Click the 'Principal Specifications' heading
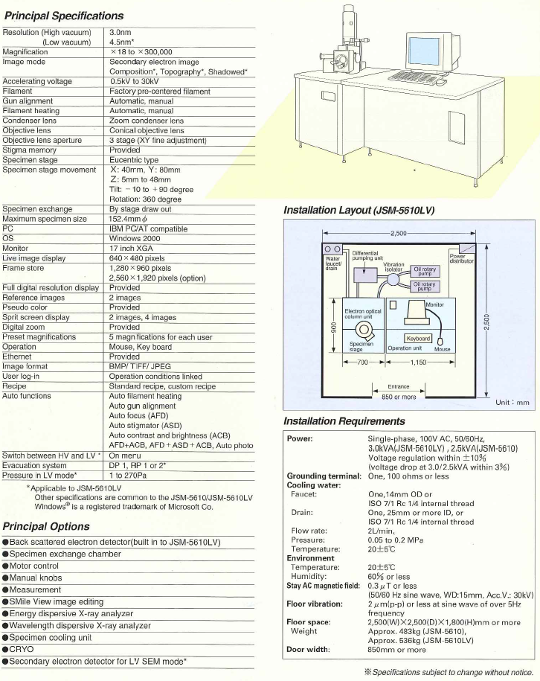coord(64,16)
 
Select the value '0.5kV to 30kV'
coord(134,81)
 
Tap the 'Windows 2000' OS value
coord(135,238)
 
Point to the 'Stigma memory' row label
coord(30,150)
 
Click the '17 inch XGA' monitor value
coord(131,249)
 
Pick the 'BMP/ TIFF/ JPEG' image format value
coord(140,367)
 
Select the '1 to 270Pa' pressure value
coord(128,476)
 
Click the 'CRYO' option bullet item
coord(18,649)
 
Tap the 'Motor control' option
coord(30,566)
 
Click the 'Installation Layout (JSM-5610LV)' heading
coord(359,210)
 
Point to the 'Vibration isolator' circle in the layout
coord(393,279)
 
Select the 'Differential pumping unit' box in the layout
coord(365,275)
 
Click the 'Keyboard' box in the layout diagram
coord(418,339)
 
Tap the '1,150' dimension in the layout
coord(418,362)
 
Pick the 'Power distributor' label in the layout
coord(461,258)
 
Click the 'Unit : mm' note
coord(512,403)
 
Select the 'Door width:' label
coord(308,650)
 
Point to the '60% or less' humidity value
coord(389,577)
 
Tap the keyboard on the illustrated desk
coord(412,77)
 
